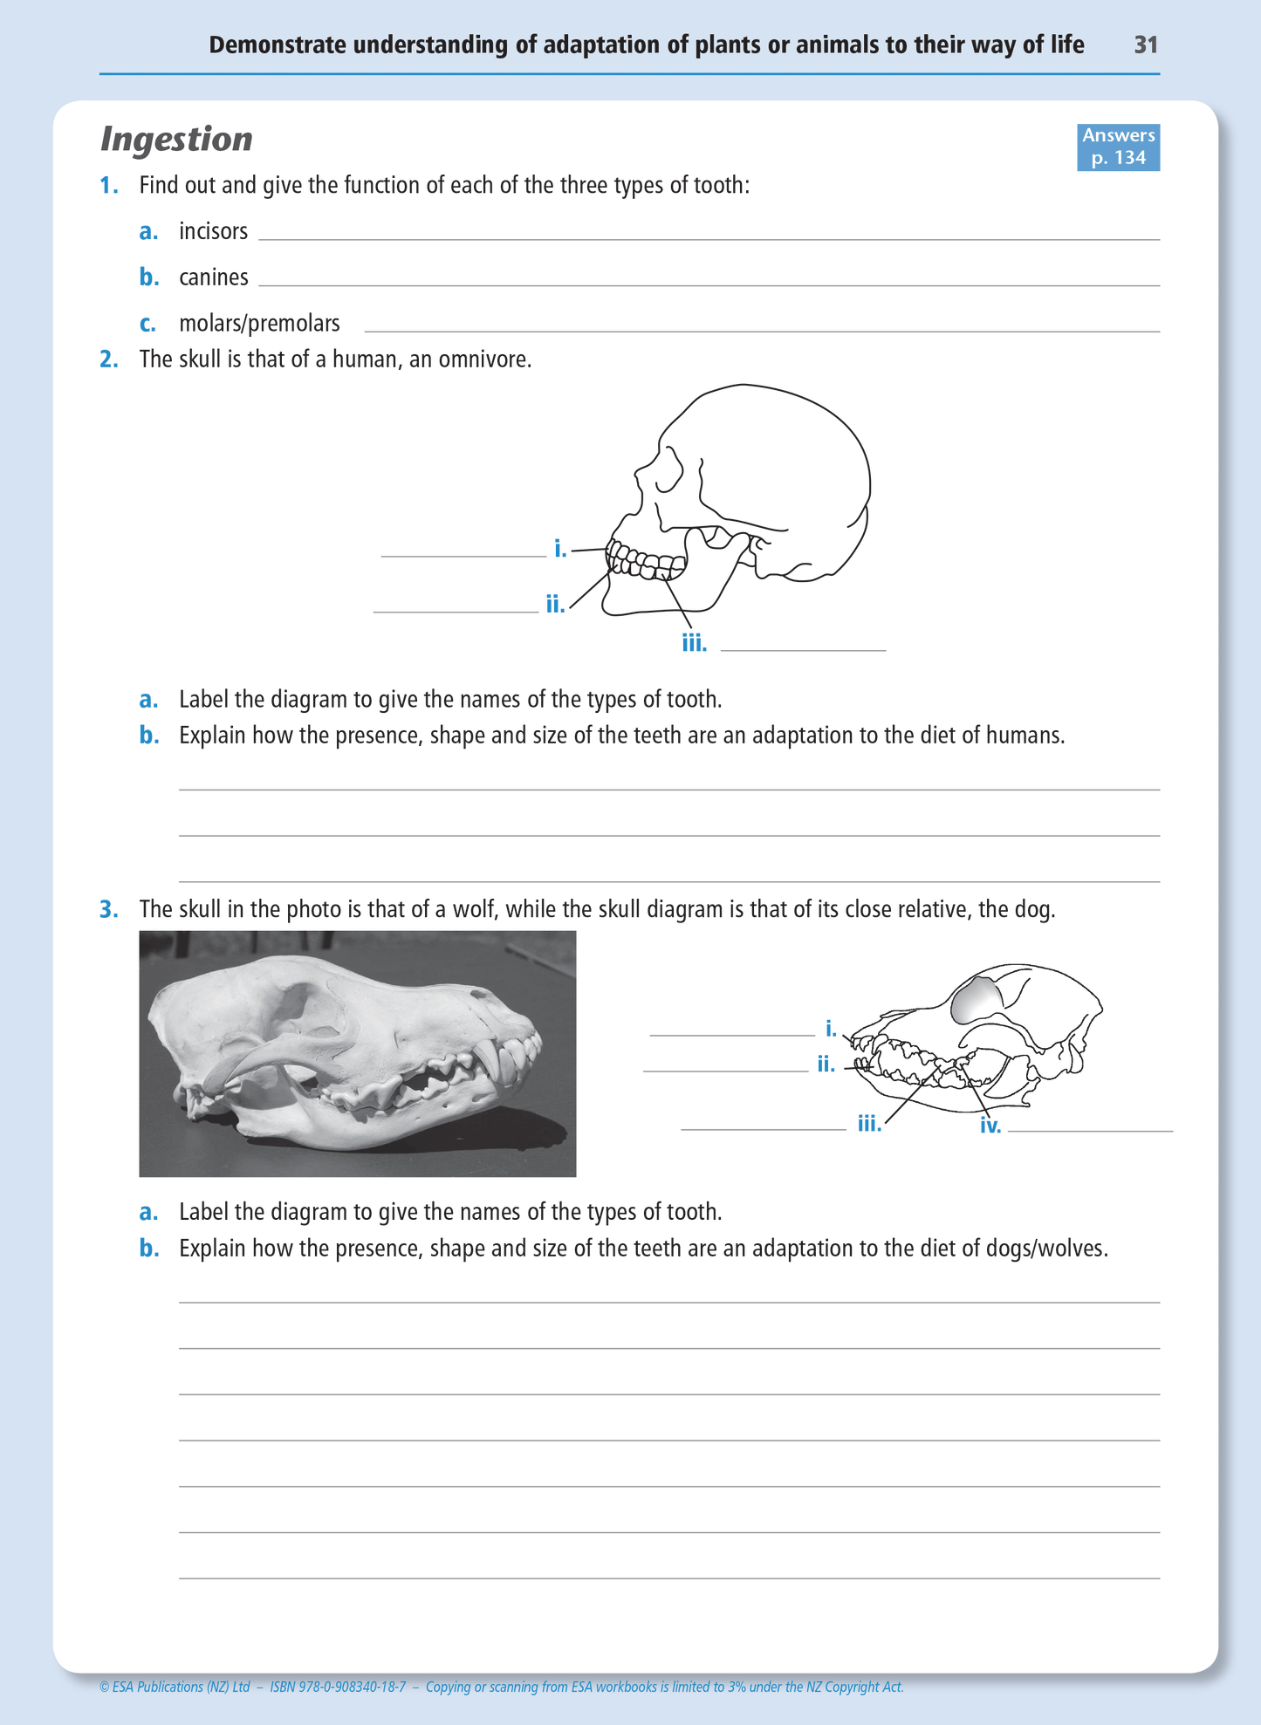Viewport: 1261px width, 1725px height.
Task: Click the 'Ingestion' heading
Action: [176, 140]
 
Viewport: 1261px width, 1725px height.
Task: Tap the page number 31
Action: [1146, 45]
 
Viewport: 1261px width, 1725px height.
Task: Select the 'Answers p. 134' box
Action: [1118, 147]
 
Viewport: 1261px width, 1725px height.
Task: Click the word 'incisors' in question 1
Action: [213, 231]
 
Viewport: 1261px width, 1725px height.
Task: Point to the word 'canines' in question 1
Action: [213, 277]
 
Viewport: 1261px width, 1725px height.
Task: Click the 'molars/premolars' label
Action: [259, 324]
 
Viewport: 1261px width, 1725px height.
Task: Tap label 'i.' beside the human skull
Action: [560, 549]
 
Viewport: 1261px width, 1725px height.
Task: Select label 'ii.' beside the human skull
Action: [555, 604]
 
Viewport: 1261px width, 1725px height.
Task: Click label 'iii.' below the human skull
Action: [694, 644]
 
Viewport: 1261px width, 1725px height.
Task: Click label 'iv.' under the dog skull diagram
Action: [990, 1126]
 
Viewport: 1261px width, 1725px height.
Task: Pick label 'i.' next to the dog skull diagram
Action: [831, 1029]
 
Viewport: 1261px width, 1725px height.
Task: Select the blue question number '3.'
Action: [109, 909]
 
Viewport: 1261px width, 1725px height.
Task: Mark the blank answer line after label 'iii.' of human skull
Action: [803, 648]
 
